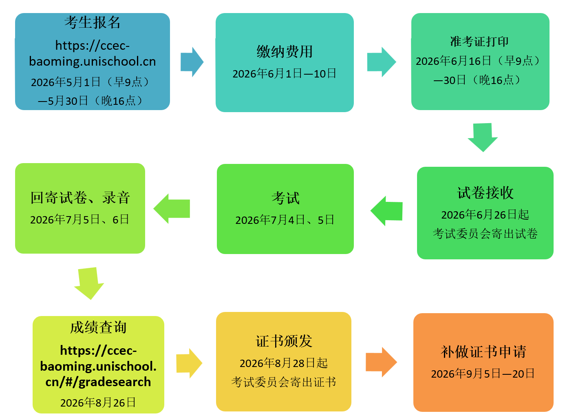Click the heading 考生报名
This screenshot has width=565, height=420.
[x=93, y=22]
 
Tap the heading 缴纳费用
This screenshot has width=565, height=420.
[x=285, y=52]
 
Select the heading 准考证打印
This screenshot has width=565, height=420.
[x=479, y=41]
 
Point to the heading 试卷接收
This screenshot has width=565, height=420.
[x=485, y=193]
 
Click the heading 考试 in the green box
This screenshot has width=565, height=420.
[x=285, y=198]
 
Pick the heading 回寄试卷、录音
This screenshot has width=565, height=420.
[x=80, y=198]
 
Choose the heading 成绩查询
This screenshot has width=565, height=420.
[x=98, y=327]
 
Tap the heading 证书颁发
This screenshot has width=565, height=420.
[x=284, y=341]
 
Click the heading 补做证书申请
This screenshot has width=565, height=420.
[x=483, y=351]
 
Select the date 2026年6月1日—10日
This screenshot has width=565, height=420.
[x=285, y=74]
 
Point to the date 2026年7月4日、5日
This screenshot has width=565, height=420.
[x=285, y=220]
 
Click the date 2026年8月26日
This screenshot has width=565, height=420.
[x=98, y=403]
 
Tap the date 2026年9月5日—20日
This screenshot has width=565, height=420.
[x=483, y=374]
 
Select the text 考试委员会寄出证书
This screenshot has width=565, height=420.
[x=284, y=382]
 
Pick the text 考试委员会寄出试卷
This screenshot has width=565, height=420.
[x=485, y=234]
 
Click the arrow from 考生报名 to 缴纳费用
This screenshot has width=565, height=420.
[x=192, y=62]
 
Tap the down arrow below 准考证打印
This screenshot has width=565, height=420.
[x=483, y=137]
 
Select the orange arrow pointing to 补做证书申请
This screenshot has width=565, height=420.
[x=381, y=362]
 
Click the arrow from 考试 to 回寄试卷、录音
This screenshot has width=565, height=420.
[x=172, y=209]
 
